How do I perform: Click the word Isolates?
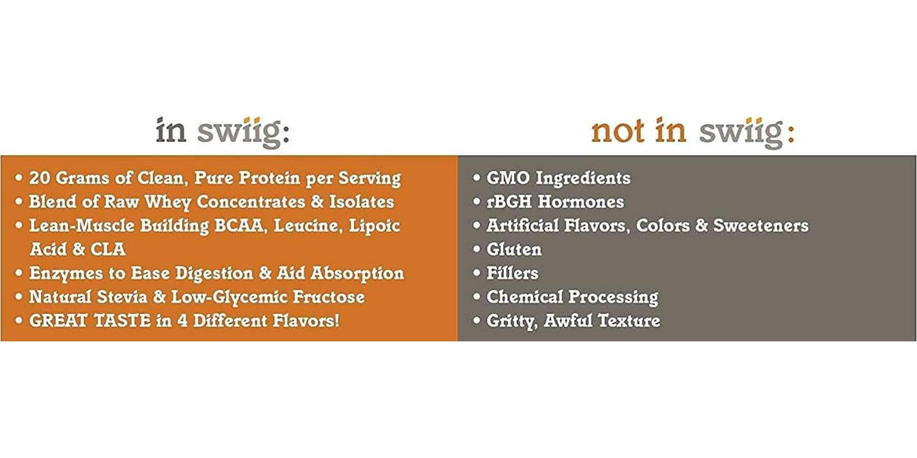coord(361,202)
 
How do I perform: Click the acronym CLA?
coord(108,249)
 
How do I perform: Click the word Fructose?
coord(329,297)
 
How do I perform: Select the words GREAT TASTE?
coord(90,321)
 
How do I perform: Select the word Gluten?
coord(514,249)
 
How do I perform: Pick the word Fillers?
coord(512,273)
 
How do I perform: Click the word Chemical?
coord(524,297)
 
